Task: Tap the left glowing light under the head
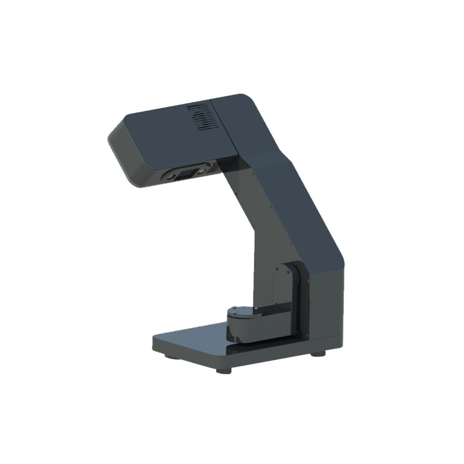(173, 174)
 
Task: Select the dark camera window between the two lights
(186, 173)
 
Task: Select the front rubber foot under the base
(223, 371)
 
